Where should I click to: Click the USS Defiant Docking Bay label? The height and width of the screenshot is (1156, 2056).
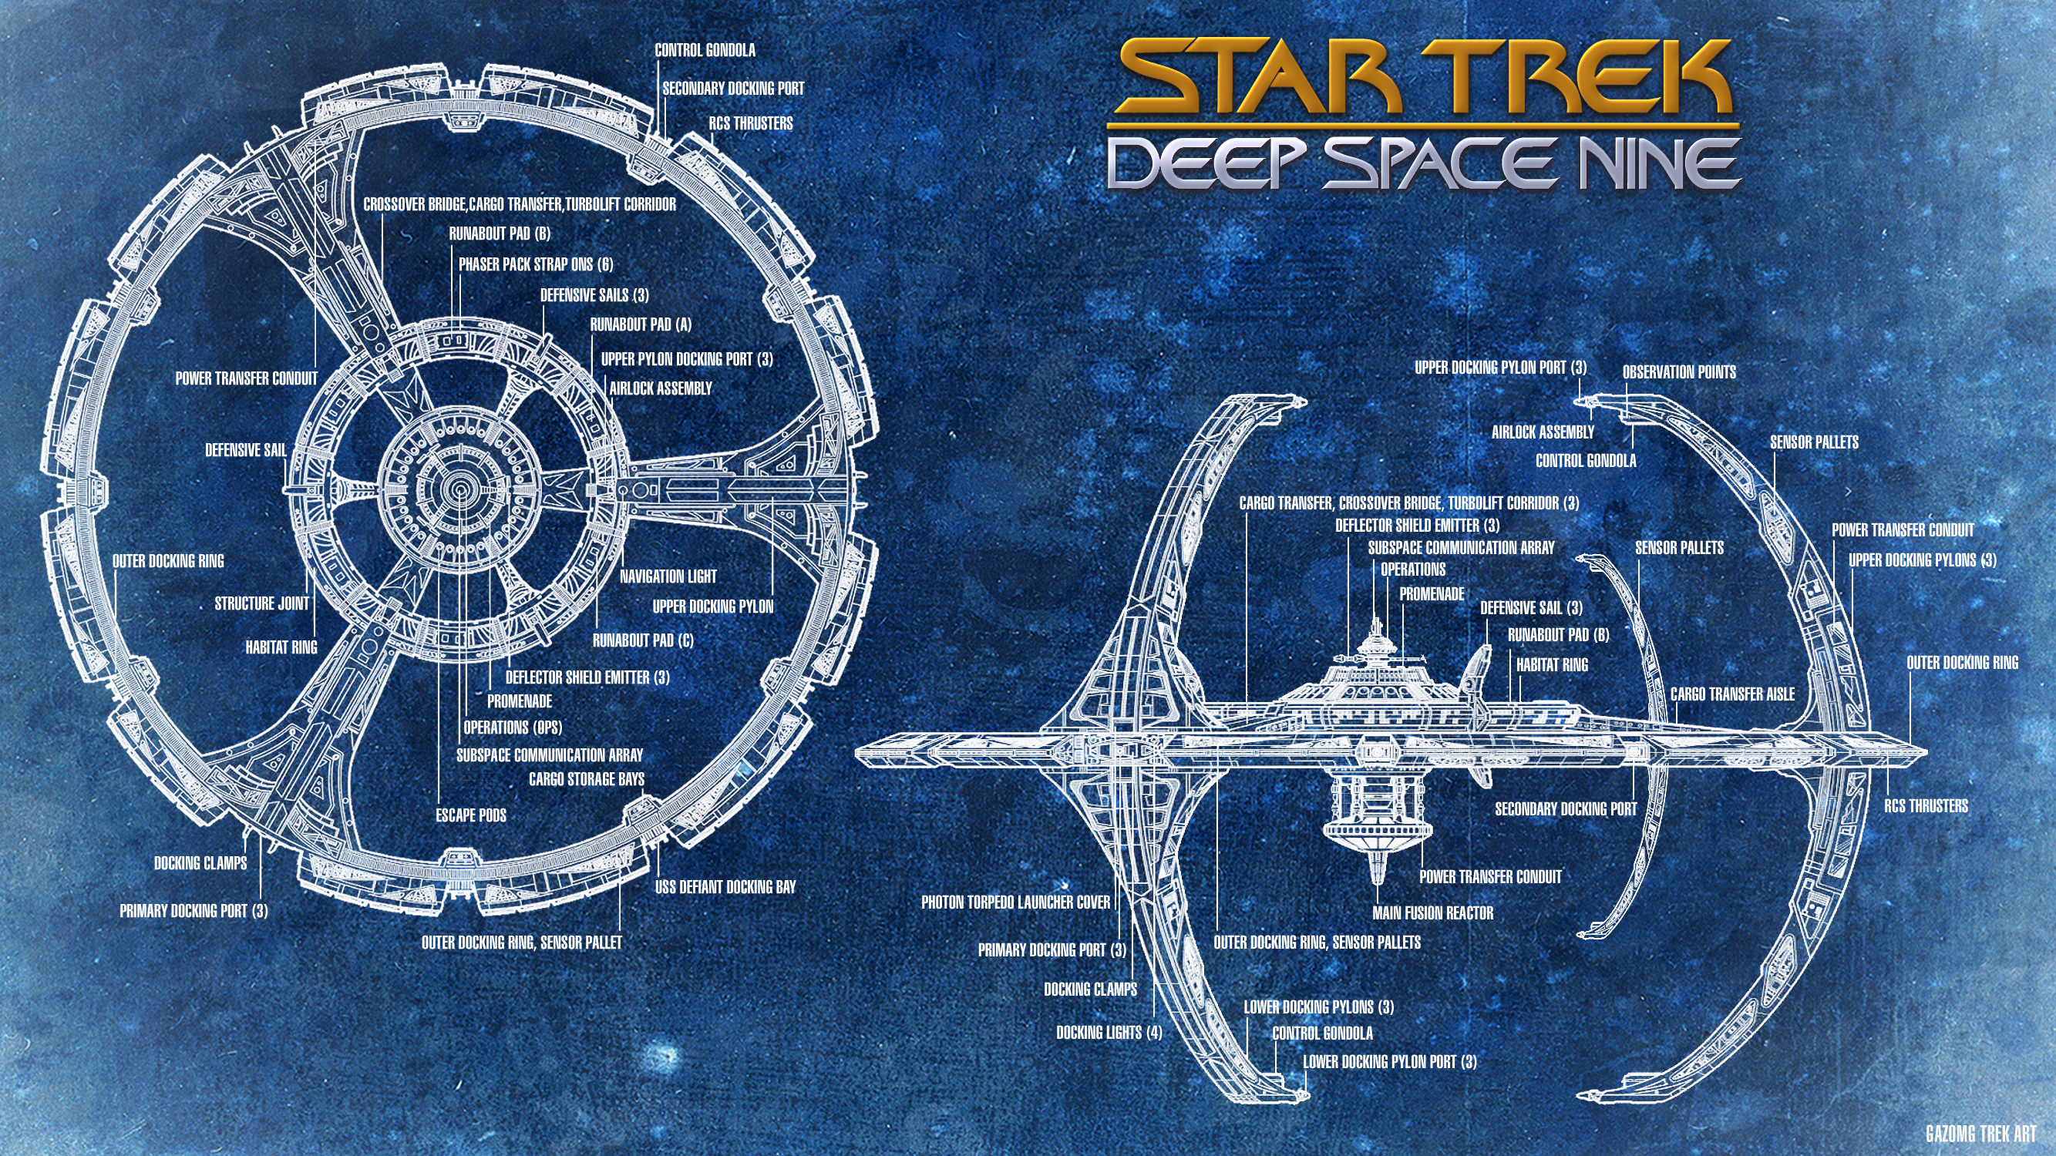pyautogui.click(x=725, y=886)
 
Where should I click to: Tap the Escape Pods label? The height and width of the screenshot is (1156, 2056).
pyautogui.click(x=471, y=815)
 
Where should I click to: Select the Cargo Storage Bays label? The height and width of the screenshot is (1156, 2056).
pyautogui.click(x=587, y=778)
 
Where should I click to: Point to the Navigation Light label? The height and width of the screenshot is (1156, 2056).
pyautogui.click(x=668, y=576)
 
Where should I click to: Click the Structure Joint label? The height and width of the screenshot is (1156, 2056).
pyautogui.click(x=262, y=604)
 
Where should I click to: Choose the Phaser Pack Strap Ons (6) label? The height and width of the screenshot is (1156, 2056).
pyautogui.click(x=536, y=264)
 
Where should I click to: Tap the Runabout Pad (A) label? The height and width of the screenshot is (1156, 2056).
pyautogui.click(x=641, y=324)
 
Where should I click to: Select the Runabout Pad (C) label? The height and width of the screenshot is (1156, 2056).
pyautogui.click(x=642, y=640)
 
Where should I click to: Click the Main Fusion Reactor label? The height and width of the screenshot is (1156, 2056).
pyautogui.click(x=1432, y=912)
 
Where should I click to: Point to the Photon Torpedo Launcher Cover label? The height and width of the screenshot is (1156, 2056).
pyautogui.click(x=1015, y=902)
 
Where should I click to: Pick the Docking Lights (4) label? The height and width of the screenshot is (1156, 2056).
pyautogui.click(x=1109, y=1033)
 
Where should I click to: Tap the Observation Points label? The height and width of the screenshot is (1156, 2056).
pyautogui.click(x=1679, y=371)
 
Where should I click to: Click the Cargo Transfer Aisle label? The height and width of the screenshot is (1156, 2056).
pyautogui.click(x=1733, y=694)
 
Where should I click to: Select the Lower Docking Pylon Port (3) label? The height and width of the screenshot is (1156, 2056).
pyautogui.click(x=1390, y=1062)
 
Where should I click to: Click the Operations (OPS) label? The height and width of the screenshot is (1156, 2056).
pyautogui.click(x=513, y=728)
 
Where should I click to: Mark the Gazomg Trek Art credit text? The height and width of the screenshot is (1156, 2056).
pyautogui.click(x=1981, y=1134)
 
